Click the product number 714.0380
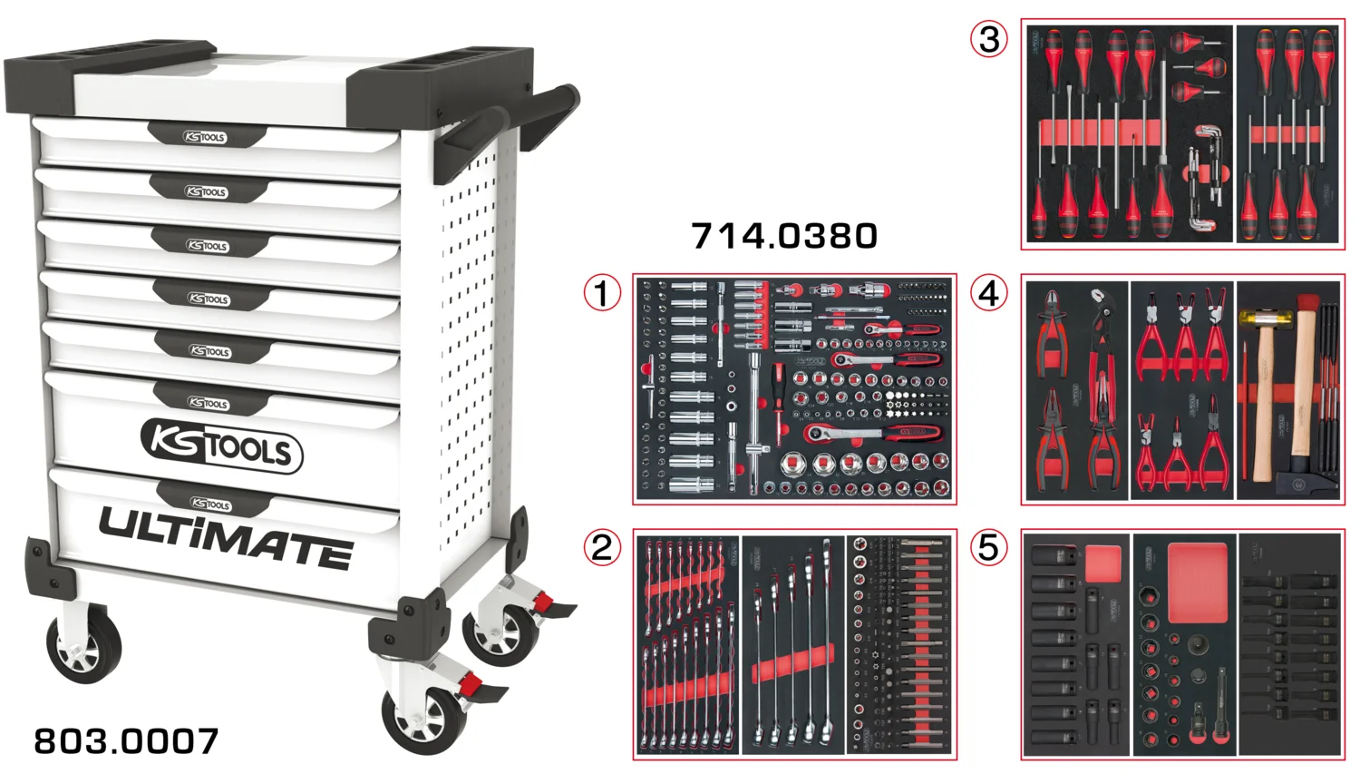(784, 236)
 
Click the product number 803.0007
(126, 741)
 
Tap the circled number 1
(602, 293)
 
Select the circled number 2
(602, 547)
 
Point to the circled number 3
(989, 39)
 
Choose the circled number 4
(989, 293)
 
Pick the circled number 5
(989, 547)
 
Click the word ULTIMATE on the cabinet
(225, 539)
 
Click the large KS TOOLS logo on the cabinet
(221, 446)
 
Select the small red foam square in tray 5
(1103, 563)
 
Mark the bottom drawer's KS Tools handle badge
(210, 504)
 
